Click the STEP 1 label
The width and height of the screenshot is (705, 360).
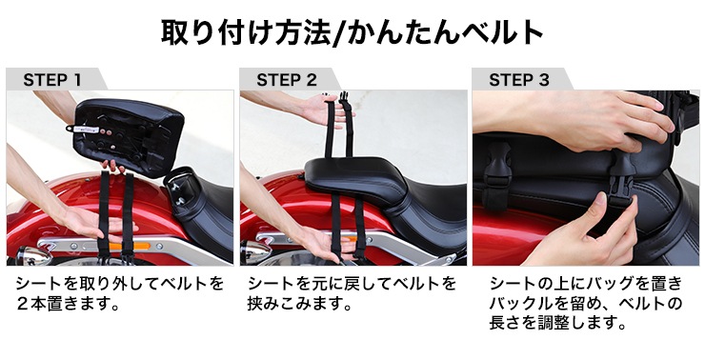[x=52, y=80]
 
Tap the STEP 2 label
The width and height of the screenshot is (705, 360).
[x=287, y=80]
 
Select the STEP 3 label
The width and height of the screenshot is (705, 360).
[x=519, y=80]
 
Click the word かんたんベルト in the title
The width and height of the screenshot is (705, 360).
[x=445, y=32]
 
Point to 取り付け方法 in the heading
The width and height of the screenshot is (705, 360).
[x=246, y=32]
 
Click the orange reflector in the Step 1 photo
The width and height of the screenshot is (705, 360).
[x=121, y=247]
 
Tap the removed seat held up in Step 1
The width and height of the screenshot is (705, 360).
[x=128, y=133]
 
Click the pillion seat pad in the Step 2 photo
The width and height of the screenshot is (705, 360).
[x=355, y=177]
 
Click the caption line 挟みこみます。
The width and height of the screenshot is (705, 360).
[x=299, y=305]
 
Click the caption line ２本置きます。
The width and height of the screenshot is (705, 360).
[x=68, y=304]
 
